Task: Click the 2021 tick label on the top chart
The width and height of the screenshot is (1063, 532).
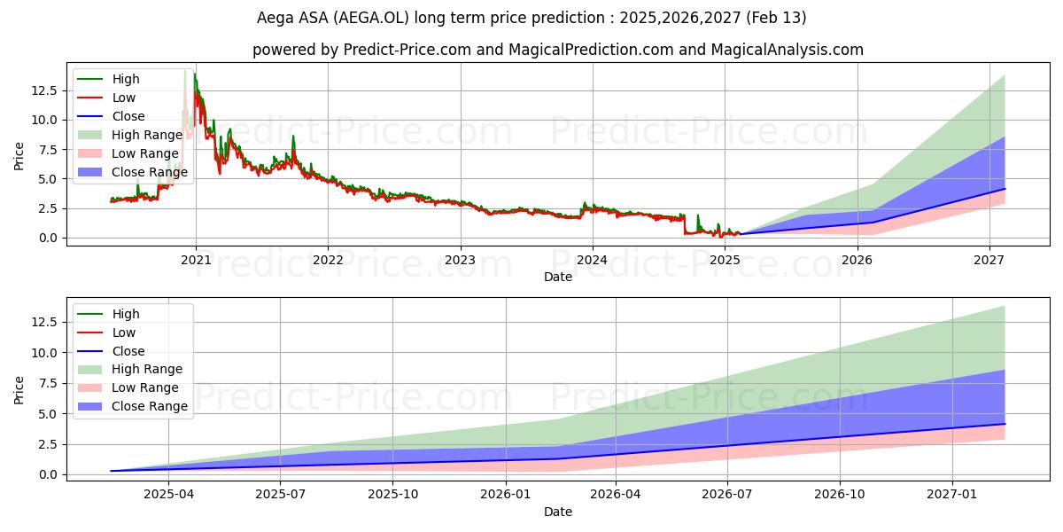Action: point(196,259)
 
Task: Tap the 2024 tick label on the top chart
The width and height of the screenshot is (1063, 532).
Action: point(592,259)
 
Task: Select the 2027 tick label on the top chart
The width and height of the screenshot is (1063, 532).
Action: point(989,259)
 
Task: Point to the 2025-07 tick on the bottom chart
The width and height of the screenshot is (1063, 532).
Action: point(280,494)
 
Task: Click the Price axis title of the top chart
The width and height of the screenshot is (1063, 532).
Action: point(19,156)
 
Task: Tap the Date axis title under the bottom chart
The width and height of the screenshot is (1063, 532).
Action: point(558,512)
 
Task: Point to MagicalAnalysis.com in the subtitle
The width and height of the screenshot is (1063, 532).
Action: point(778,50)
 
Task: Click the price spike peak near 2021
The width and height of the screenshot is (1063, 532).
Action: point(186,70)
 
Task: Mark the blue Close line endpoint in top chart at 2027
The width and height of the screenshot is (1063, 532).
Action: point(1005,189)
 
